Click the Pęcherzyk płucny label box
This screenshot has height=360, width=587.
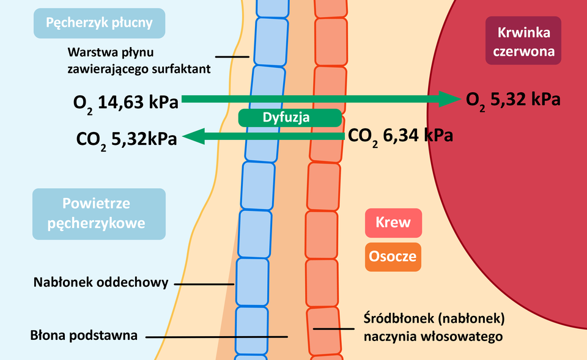point(99,24)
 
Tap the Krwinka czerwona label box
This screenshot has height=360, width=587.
point(523,40)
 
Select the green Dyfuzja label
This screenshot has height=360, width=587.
point(290,117)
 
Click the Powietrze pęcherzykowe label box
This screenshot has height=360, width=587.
point(99,213)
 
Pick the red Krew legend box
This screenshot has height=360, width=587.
point(393,222)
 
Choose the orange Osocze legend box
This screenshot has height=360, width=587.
point(393,255)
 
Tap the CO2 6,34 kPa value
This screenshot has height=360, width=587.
point(400,136)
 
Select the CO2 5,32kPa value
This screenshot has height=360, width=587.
point(127,139)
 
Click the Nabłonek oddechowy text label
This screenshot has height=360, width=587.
point(101,283)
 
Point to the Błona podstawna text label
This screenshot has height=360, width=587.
point(84,335)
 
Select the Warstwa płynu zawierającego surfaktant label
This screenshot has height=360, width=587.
point(139,60)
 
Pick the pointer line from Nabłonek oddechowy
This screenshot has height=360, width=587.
point(204,284)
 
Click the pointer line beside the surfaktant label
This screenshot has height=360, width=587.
point(232,57)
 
